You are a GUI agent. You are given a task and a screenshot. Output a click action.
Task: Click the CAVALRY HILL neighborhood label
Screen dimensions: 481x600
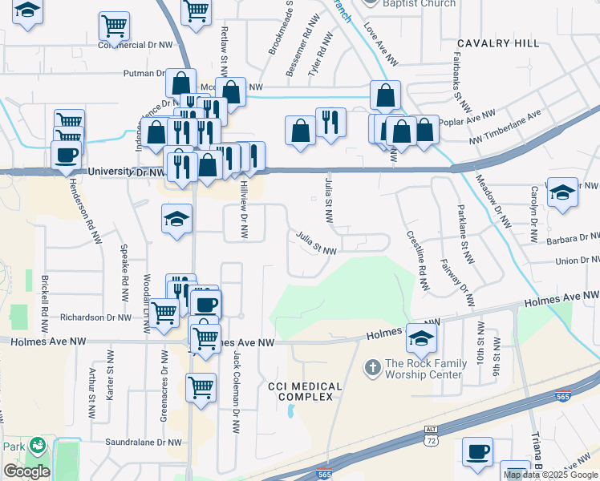(x=498, y=43)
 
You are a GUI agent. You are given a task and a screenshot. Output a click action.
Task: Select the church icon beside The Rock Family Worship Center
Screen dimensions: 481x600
(x=373, y=369)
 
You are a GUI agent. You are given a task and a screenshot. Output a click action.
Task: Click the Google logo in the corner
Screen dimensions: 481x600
(x=26, y=471)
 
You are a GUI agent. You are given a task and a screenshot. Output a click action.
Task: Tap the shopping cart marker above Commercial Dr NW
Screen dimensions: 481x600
(x=114, y=26)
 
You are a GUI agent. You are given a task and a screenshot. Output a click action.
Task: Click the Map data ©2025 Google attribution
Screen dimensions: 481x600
(x=550, y=475)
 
